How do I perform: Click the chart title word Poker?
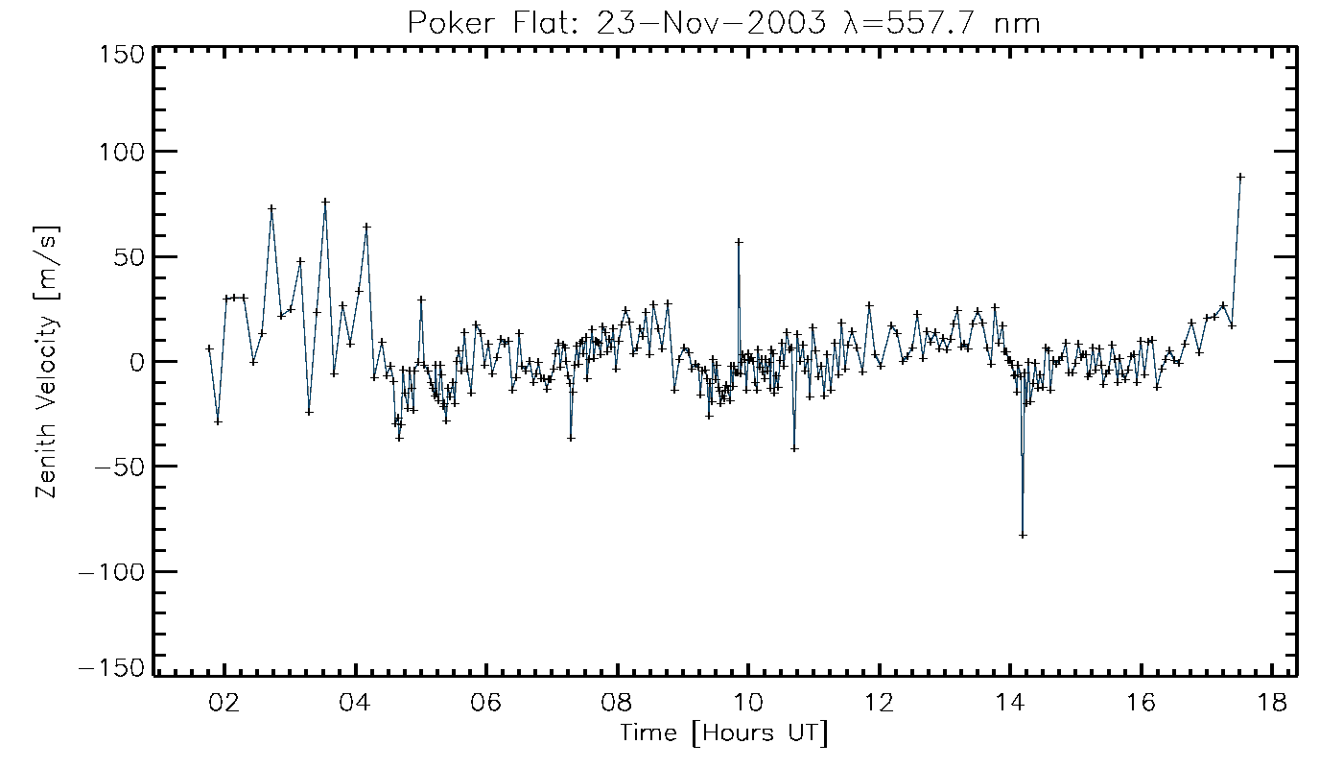click(x=443, y=22)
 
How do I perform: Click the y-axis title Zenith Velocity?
click(x=47, y=362)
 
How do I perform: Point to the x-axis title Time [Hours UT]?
click(x=723, y=734)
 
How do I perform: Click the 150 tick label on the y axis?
click(x=122, y=54)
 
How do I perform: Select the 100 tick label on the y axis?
click(x=122, y=152)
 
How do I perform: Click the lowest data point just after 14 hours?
click(x=1023, y=535)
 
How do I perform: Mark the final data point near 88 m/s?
click(x=1240, y=177)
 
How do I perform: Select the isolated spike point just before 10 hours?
click(x=739, y=242)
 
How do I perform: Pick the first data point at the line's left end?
click(x=209, y=348)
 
